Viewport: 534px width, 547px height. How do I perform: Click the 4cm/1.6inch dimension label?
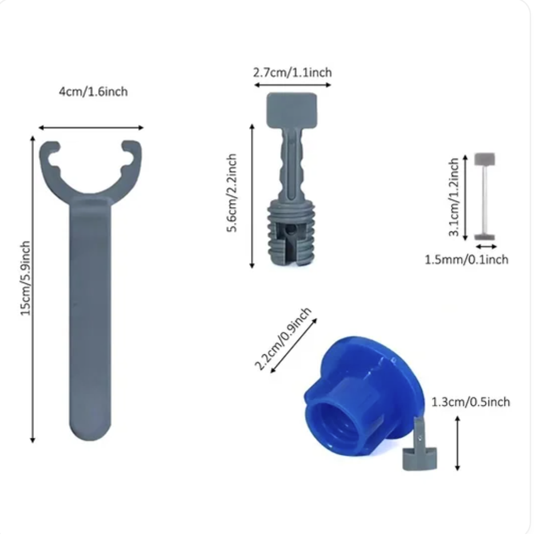[93, 92]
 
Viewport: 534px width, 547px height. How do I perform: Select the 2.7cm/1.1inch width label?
[292, 72]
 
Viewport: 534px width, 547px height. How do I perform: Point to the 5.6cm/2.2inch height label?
[233, 193]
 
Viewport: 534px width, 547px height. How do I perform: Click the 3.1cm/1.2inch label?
[454, 197]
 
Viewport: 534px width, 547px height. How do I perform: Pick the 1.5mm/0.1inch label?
[466, 259]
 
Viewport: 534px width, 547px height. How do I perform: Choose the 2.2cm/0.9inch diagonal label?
[283, 339]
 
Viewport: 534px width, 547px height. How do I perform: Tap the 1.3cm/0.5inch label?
[471, 402]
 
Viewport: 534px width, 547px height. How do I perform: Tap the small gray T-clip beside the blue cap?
[420, 449]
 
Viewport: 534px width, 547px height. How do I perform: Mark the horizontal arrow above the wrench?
[91, 128]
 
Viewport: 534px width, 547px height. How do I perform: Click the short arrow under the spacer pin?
[484, 247]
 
